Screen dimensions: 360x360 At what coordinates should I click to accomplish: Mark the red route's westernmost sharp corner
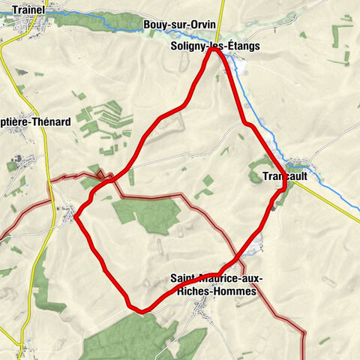tap(76, 217)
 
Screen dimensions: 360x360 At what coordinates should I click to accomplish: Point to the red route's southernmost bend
tap(137, 309)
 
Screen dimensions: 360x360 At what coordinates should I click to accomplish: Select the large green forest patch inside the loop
tap(147, 215)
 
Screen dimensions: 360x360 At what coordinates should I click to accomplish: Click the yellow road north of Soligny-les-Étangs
tap(218, 22)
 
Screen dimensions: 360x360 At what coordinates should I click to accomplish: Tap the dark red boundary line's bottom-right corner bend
tap(304, 331)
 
